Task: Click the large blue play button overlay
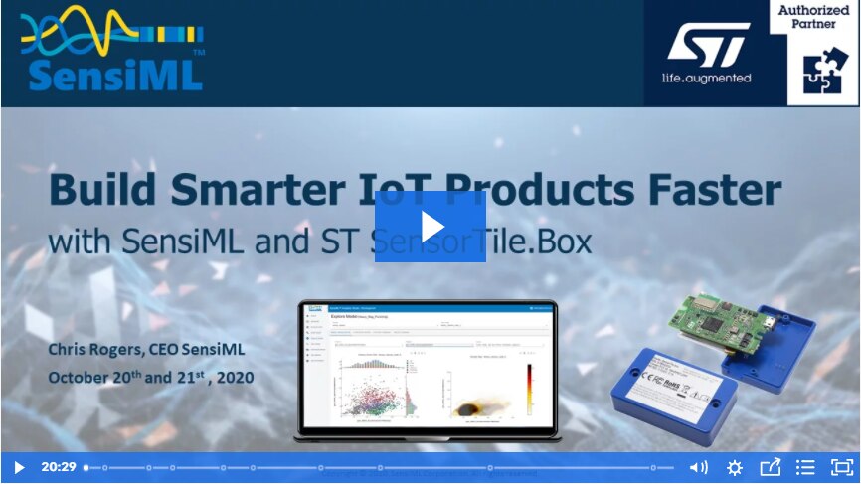coord(430,227)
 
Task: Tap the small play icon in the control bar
coord(18,467)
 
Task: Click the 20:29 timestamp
coord(59,467)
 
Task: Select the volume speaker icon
coord(699,467)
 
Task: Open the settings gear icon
coord(735,467)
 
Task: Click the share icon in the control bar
coord(770,467)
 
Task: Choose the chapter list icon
coord(805,467)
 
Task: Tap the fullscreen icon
coord(841,467)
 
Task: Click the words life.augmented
coord(707,78)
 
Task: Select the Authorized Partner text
coord(821,17)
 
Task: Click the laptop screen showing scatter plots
coord(428,368)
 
